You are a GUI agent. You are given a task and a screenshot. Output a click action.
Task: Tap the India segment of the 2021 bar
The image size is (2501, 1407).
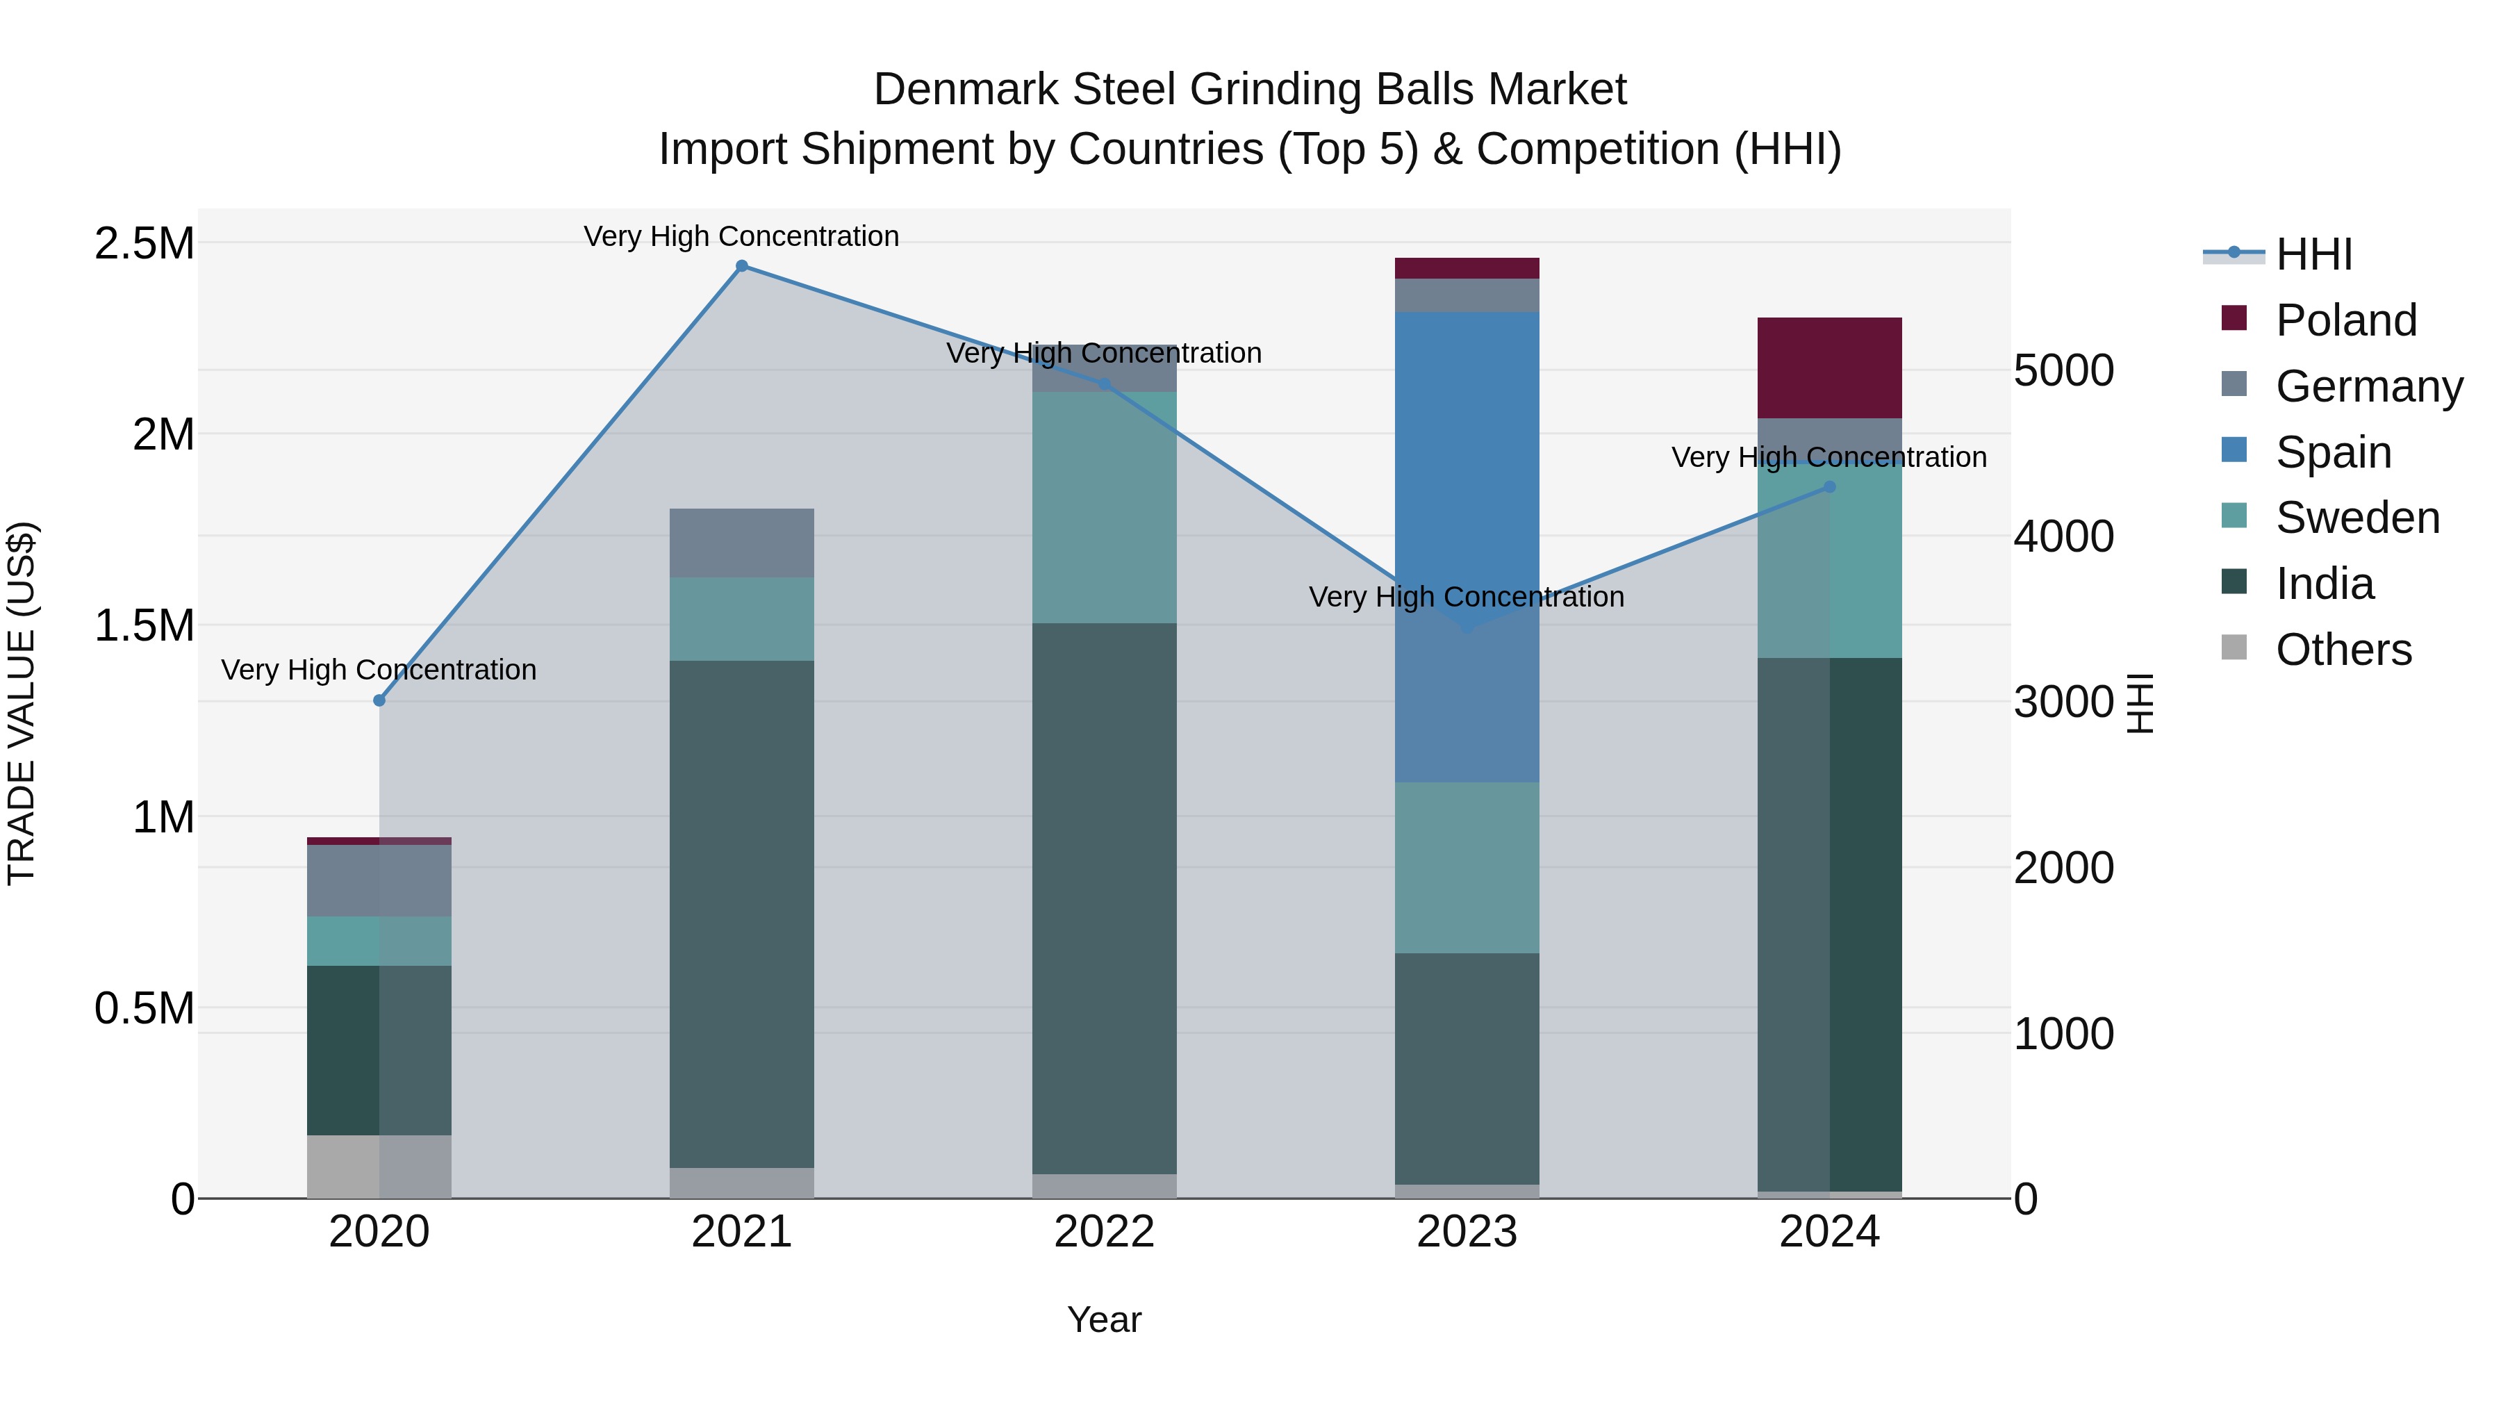pyautogui.click(x=742, y=913)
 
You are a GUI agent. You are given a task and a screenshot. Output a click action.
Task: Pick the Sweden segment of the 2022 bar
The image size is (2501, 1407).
pyautogui.click(x=1104, y=507)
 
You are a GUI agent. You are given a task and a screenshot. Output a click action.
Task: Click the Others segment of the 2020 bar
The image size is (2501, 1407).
pyautogui.click(x=379, y=1165)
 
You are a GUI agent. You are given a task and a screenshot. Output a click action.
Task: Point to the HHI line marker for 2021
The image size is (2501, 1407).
pyautogui.click(x=742, y=266)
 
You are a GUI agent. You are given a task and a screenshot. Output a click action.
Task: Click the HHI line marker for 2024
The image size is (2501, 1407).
pyautogui.click(x=1829, y=486)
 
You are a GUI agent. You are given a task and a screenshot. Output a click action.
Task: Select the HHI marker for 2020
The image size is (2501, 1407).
pyautogui.click(x=379, y=700)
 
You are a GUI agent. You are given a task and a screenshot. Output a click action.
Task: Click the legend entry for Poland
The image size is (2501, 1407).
pyautogui.click(x=2345, y=320)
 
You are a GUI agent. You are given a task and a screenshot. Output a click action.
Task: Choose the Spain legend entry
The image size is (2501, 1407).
pyautogui.click(x=2332, y=452)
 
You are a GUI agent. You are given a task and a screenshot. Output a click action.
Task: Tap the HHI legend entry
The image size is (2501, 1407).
pyautogui.click(x=2313, y=254)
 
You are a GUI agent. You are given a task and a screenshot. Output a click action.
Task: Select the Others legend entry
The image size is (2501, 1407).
pyautogui.click(x=2342, y=650)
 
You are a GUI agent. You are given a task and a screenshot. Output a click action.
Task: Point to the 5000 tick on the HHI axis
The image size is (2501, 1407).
pyautogui.click(x=2063, y=371)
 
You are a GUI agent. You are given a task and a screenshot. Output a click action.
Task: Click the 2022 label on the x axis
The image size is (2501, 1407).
pyautogui.click(x=1104, y=1231)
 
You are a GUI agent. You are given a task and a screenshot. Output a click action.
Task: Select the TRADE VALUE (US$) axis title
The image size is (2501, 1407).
pyautogui.click(x=22, y=703)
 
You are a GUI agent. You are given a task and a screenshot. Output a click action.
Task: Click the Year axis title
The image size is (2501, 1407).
pyautogui.click(x=1104, y=1319)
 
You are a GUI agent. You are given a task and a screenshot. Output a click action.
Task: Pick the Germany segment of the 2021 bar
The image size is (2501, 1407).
pyautogui.click(x=742, y=543)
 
